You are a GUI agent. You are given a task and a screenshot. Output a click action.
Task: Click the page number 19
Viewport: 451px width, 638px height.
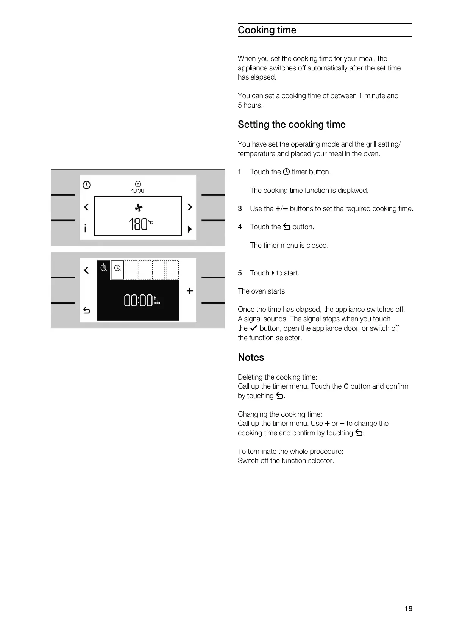coord(408,608)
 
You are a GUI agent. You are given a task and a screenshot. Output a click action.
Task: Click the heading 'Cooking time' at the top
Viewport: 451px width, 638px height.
coord(267,30)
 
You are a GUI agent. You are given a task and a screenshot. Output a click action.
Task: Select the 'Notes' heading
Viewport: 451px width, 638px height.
coord(251,357)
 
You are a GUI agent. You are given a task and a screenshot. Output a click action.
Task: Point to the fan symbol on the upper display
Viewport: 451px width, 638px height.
coord(139,208)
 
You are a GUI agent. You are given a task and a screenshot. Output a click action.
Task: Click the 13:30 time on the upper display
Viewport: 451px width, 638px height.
coord(138,191)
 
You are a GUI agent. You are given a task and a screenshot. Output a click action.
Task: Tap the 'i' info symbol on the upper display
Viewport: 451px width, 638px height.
coord(86,228)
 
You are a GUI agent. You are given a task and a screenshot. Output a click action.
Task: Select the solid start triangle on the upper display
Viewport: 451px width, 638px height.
coord(190,229)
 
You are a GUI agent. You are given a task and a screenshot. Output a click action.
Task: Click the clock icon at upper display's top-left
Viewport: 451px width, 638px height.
coord(87,185)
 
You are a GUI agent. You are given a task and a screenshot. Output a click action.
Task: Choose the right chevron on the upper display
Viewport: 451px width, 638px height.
coord(190,207)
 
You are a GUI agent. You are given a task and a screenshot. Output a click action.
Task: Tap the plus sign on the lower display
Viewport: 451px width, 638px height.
coord(190,291)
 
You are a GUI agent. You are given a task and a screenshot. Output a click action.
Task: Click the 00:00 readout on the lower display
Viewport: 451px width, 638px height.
coord(139,301)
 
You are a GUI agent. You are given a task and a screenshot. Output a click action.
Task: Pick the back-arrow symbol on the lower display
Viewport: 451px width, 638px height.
coord(87,311)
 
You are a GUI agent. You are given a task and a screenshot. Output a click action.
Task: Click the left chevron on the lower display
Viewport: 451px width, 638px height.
coord(86,270)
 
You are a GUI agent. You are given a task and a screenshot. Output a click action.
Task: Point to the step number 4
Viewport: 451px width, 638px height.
coord(240,227)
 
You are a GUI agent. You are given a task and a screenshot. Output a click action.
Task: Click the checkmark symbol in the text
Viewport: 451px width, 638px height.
coord(254,328)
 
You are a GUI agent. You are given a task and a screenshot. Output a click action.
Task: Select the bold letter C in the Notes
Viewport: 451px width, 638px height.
coord(345,386)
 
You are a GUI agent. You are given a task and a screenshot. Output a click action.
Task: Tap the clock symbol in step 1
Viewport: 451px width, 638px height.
coord(286,172)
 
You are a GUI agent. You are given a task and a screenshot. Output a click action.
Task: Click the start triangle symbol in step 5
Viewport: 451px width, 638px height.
coord(273,273)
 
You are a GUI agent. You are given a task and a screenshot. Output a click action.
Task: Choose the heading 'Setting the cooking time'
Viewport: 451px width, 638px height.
coord(292,125)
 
